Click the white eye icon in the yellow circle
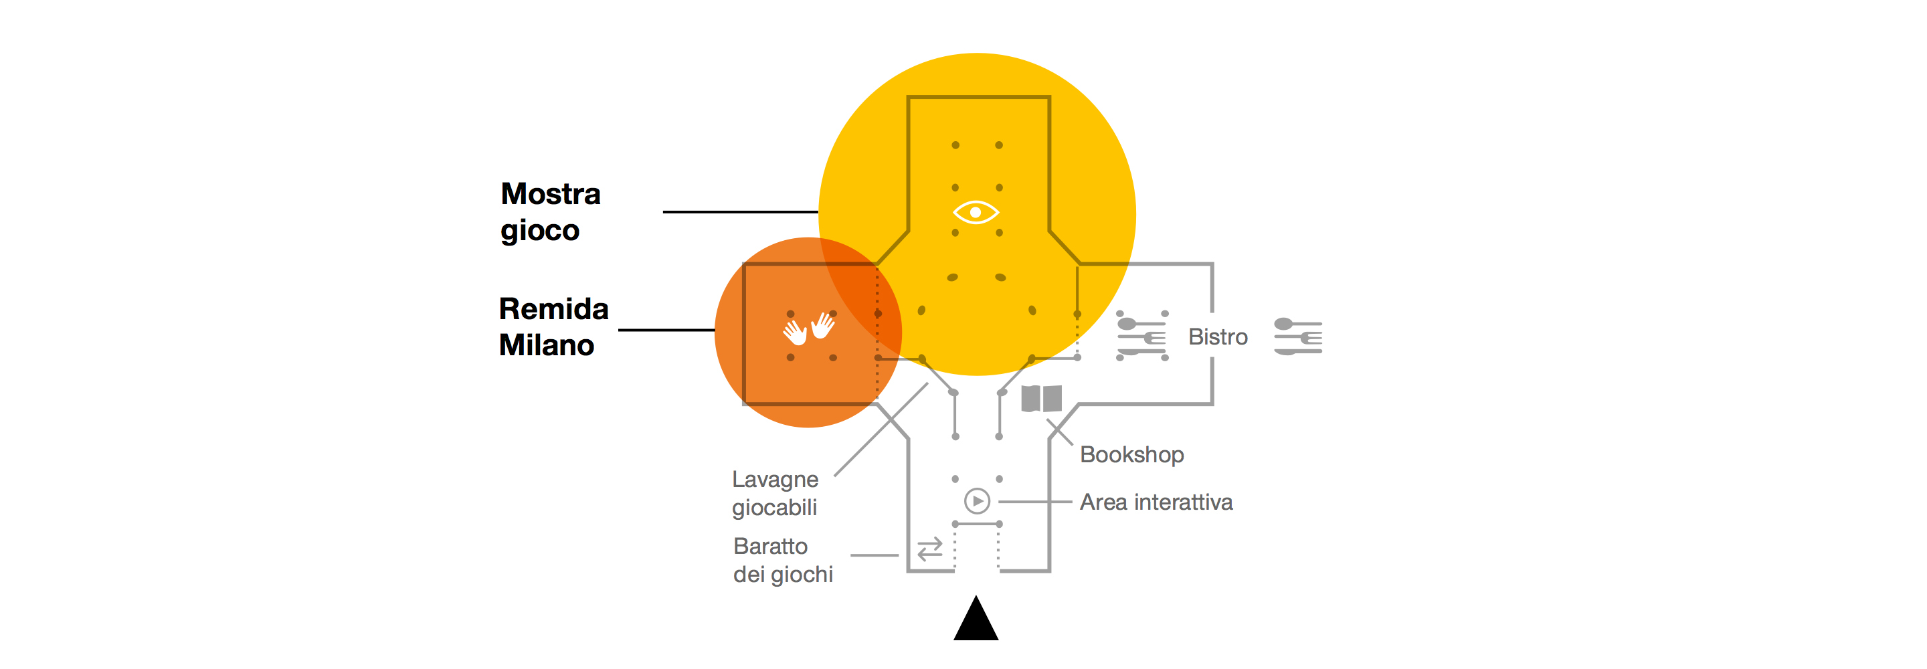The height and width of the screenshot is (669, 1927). pyautogui.click(x=976, y=213)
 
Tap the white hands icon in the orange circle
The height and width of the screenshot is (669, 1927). pyautogui.click(x=809, y=328)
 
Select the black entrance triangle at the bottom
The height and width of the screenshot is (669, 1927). pyautogui.click(x=976, y=618)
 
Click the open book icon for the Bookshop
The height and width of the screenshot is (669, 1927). pyautogui.click(x=1041, y=399)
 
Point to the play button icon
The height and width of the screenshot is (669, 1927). pyautogui.click(x=977, y=500)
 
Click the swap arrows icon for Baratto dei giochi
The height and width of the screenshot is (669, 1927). pyautogui.click(x=930, y=550)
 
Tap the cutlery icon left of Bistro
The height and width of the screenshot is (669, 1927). pyautogui.click(x=1141, y=336)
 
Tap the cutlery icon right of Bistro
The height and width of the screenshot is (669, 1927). pyautogui.click(x=1298, y=336)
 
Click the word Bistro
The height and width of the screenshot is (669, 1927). pyautogui.click(x=1218, y=337)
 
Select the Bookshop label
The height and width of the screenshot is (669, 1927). pyautogui.click(x=1132, y=455)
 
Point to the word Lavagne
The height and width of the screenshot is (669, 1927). pyautogui.click(x=775, y=480)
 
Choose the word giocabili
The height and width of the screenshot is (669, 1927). pyautogui.click(x=774, y=508)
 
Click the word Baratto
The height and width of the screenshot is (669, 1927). pyautogui.click(x=771, y=547)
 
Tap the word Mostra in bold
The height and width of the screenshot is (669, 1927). pyautogui.click(x=551, y=194)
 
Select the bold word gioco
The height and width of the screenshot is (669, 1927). pyautogui.click(x=540, y=231)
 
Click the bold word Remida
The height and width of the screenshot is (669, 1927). pyautogui.click(x=553, y=309)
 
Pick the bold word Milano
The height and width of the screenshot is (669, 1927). pyautogui.click(x=547, y=345)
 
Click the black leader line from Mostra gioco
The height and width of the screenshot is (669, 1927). pyautogui.click(x=741, y=212)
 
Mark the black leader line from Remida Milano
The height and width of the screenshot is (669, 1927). pyautogui.click(x=666, y=329)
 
